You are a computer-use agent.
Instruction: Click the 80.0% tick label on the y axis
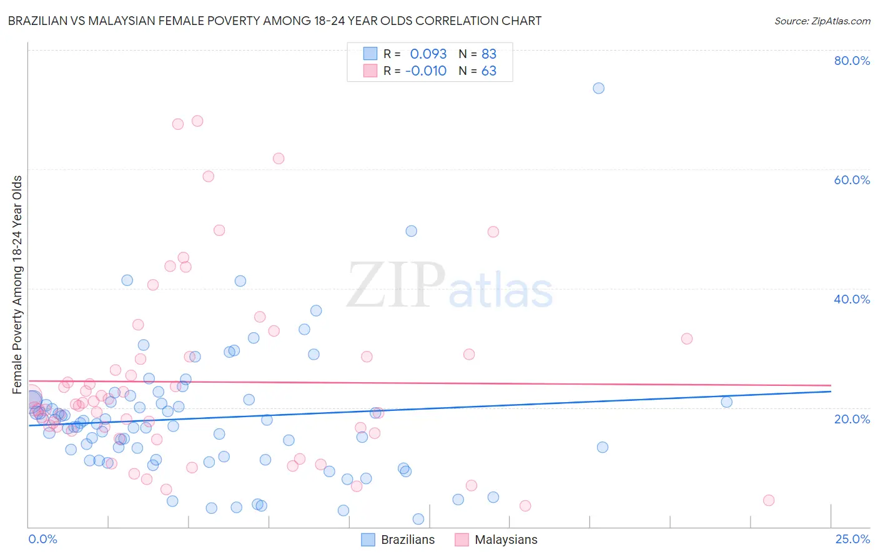[851, 61]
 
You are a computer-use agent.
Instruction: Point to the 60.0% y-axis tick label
[851, 180]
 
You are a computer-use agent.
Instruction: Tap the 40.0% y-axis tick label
[851, 299]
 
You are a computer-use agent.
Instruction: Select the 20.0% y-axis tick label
[851, 418]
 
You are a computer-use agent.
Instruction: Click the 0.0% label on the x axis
[42, 539]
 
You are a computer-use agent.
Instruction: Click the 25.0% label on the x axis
[852, 539]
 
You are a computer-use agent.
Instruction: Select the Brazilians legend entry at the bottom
[398, 540]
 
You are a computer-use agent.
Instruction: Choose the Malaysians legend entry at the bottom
[496, 540]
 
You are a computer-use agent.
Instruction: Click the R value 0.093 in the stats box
[428, 54]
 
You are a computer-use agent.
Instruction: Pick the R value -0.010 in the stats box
[425, 71]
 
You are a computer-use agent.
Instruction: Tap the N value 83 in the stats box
[488, 54]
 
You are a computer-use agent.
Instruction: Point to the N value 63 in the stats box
[488, 71]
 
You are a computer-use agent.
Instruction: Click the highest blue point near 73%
[598, 88]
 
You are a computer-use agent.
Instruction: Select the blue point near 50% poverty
[411, 231]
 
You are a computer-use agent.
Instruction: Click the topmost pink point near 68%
[197, 121]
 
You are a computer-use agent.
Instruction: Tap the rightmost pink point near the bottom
[769, 500]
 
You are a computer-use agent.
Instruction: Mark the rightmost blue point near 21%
[726, 402]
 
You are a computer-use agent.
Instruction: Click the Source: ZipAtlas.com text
[822, 21]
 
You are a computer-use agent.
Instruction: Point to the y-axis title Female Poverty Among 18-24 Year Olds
[17, 285]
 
